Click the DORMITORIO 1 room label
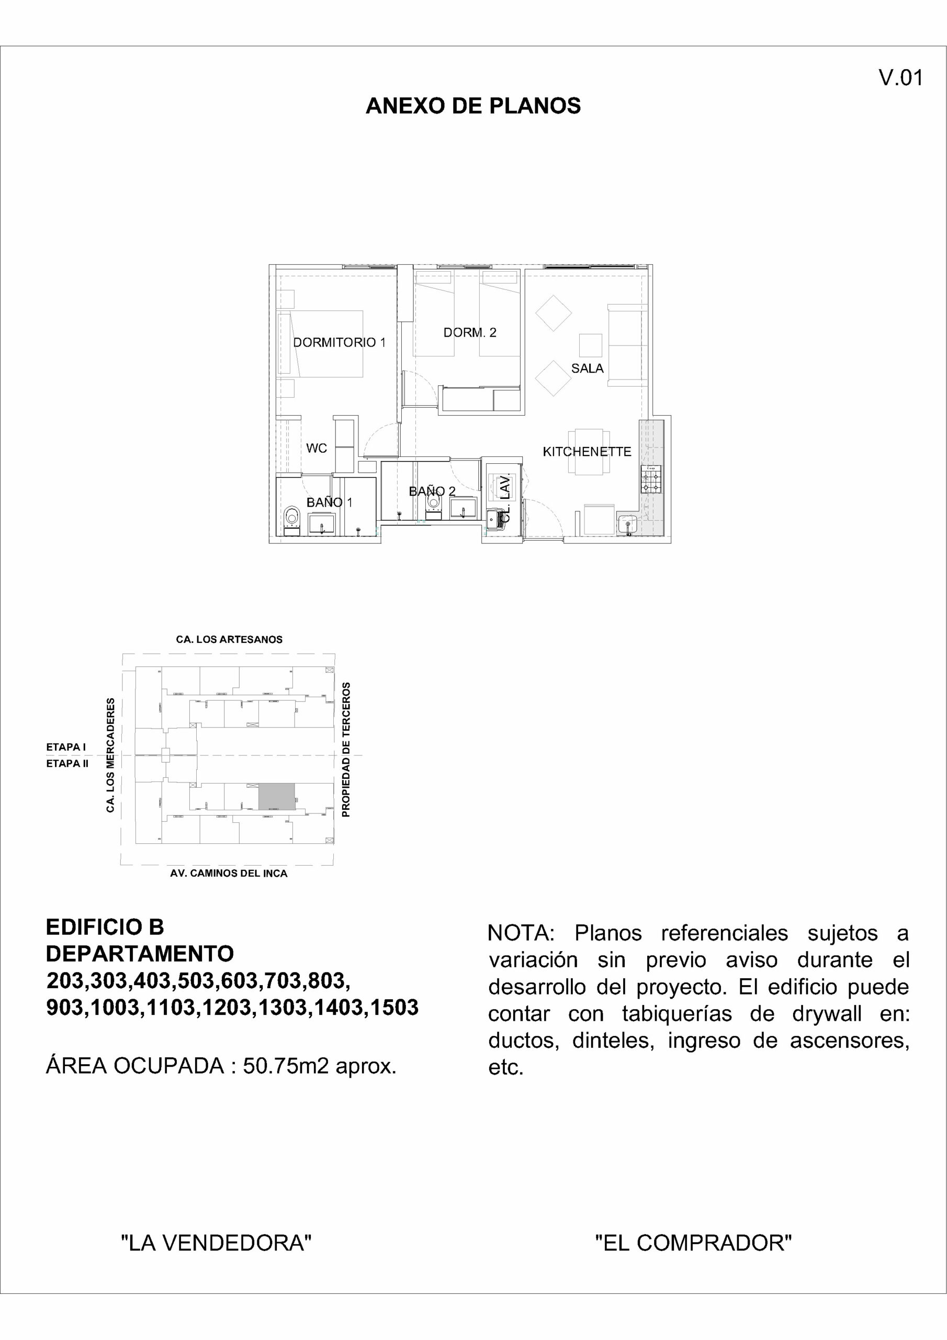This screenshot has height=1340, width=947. [x=339, y=342]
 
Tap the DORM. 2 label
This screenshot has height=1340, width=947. [x=470, y=333]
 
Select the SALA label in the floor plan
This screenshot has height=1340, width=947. [x=587, y=368]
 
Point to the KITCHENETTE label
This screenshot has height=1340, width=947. [x=587, y=452]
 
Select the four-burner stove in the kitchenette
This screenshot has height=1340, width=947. [x=651, y=480]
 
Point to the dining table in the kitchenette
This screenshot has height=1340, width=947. [x=589, y=452]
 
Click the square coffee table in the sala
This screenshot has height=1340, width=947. [x=591, y=345]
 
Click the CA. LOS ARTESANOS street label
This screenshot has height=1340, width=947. [x=229, y=640]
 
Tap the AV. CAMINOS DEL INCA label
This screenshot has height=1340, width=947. [x=229, y=874]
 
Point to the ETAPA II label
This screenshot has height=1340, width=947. [x=67, y=763]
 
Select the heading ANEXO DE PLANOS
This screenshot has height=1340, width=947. [x=473, y=106]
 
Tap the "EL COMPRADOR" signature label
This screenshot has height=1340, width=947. [x=693, y=1244]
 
